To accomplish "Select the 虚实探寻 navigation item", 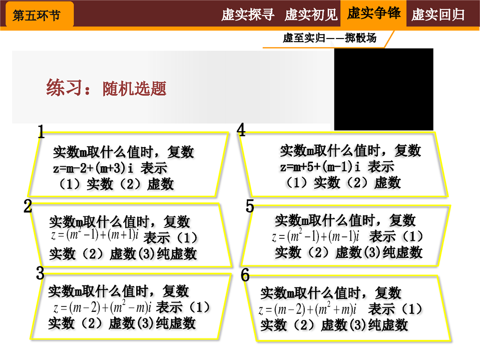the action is tap(248, 15).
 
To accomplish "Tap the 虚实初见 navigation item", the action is tap(311, 15).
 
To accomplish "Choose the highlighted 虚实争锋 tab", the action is tap(374, 14).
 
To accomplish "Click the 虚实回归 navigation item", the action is tap(438, 15).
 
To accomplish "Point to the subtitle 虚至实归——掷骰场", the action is tap(329, 38).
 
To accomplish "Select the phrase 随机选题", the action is tap(134, 89).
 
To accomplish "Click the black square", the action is tap(383, 90).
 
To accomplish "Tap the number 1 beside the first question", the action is tap(41, 132).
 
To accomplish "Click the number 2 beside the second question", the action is tap(28, 206).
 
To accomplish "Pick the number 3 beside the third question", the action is tap(40, 273).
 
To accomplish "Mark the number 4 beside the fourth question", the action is tap(241, 130).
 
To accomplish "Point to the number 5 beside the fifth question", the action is tap(250, 206).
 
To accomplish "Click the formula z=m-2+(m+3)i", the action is tap(93, 168).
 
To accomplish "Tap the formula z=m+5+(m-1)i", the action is tap(320, 167).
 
